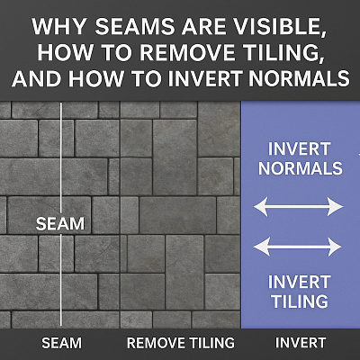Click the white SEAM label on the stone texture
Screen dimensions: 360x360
(59, 223)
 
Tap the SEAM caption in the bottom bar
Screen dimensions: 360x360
(60, 342)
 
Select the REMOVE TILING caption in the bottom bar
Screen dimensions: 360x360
(180, 342)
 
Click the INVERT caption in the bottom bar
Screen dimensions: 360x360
(300, 342)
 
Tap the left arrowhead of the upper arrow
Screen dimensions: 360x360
(260, 207)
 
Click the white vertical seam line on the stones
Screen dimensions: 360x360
(60, 153)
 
